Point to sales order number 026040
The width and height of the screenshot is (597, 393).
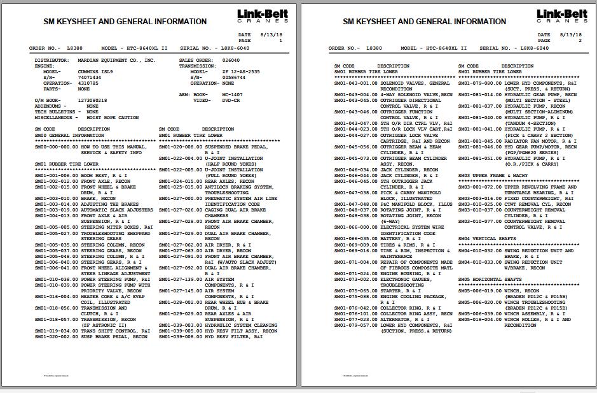[231, 61]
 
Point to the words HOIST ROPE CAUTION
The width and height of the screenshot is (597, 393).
[113, 118]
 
